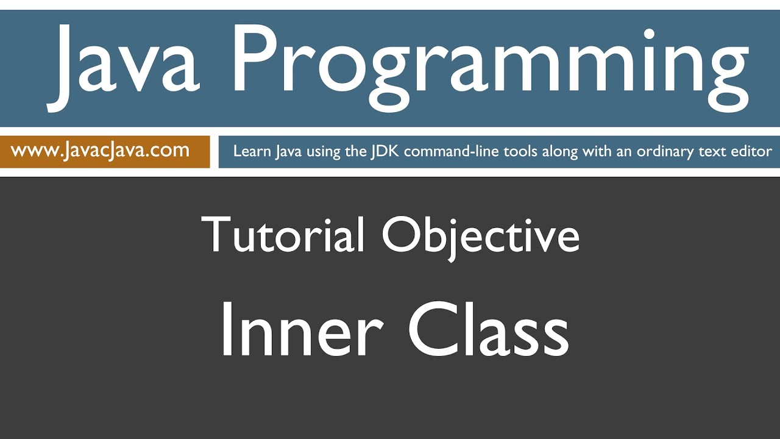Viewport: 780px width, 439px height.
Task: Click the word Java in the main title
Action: click(125, 64)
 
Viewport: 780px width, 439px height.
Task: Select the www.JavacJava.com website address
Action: click(100, 151)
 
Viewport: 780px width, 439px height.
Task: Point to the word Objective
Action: click(481, 235)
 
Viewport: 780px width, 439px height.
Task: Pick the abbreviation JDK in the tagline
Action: click(385, 151)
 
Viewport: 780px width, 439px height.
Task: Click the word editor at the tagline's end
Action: click(752, 151)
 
